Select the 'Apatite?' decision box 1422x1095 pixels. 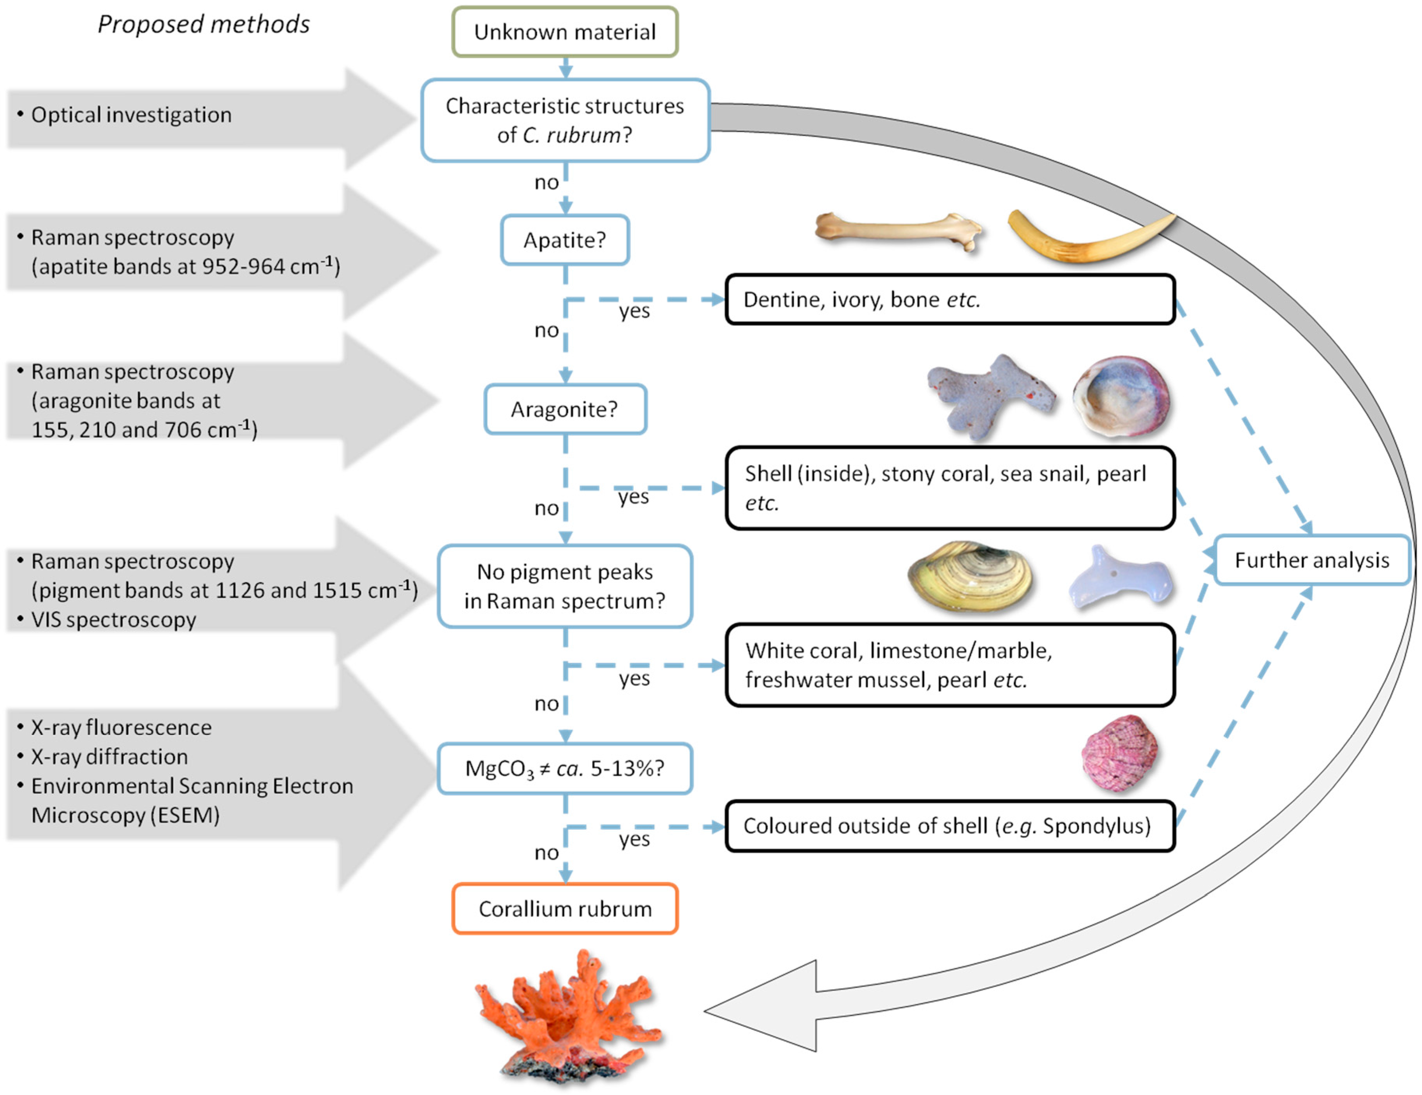tap(564, 240)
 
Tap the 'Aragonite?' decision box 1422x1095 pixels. tap(564, 409)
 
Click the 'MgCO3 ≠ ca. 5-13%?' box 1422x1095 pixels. tap(564, 769)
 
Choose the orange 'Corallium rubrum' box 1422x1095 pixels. tap(564, 909)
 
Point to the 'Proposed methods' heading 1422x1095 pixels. tap(204, 24)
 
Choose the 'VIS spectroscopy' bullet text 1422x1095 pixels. tap(113, 620)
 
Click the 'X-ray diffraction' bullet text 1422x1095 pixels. tap(109, 756)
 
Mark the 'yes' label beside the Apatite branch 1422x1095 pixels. tap(634, 311)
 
